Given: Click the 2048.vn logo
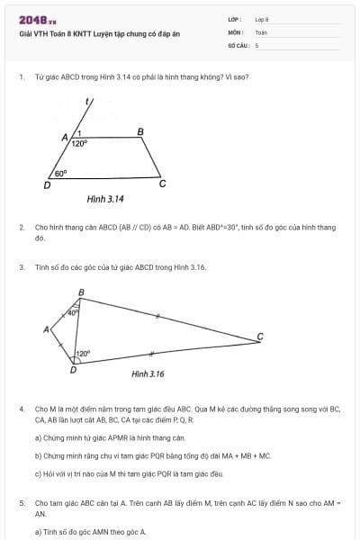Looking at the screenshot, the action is [x=37, y=20].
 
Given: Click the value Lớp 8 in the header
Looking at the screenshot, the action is [x=262, y=19].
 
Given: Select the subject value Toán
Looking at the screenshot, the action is [x=261, y=31].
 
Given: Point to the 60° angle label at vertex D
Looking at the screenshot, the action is [x=61, y=173].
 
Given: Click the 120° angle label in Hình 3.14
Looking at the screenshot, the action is [x=79, y=142].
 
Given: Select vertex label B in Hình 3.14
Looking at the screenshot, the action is [x=139, y=131].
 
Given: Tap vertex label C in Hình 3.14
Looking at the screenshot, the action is [x=162, y=184].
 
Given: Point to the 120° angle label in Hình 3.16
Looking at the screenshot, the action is [x=83, y=354].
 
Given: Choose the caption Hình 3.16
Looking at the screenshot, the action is [x=148, y=373].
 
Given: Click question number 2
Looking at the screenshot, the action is [x=21, y=229].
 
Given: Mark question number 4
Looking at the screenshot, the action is [x=21, y=409].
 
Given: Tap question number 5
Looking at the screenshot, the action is [x=21, y=502].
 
